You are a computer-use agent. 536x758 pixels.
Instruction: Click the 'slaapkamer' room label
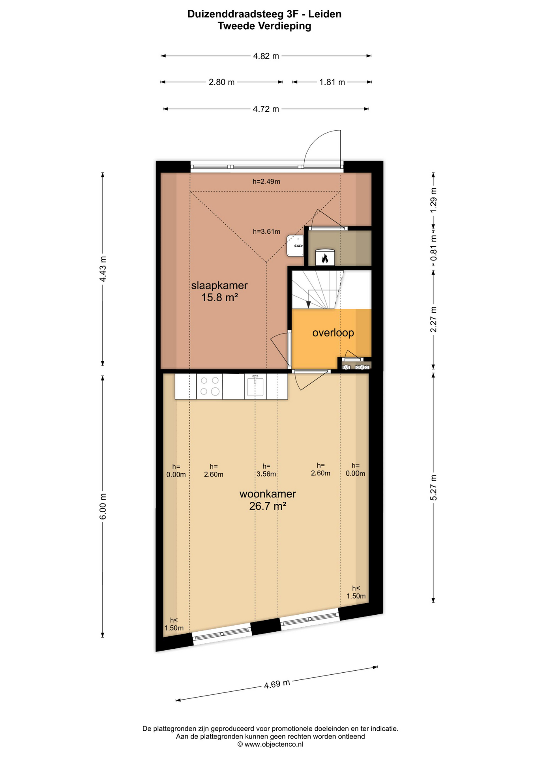click(219, 285)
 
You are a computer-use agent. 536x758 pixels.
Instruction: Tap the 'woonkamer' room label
click(268, 494)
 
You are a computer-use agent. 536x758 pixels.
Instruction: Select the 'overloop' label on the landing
click(333, 333)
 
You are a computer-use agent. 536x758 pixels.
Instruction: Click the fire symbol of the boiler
click(325, 258)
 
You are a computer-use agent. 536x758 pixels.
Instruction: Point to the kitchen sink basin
click(255, 386)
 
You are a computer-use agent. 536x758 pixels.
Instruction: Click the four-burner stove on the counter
click(210, 386)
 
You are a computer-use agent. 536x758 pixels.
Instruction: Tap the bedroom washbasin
click(295, 246)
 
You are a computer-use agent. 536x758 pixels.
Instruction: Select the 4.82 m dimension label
click(266, 56)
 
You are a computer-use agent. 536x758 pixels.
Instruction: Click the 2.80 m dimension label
click(221, 82)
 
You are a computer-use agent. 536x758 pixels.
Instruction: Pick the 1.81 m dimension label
click(332, 82)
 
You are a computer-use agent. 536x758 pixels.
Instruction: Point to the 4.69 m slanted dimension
click(277, 684)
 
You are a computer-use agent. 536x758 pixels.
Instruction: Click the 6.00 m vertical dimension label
click(103, 507)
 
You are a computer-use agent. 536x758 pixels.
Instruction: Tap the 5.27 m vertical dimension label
click(433, 487)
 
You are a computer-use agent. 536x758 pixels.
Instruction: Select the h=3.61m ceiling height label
click(266, 232)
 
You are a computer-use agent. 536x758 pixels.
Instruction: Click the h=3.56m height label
click(266, 470)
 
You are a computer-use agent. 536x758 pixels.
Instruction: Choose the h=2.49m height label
click(266, 182)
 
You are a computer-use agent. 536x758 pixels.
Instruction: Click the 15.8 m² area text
click(219, 298)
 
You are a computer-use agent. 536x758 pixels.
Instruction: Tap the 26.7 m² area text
click(268, 506)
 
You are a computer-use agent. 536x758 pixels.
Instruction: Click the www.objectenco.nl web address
click(274, 744)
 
